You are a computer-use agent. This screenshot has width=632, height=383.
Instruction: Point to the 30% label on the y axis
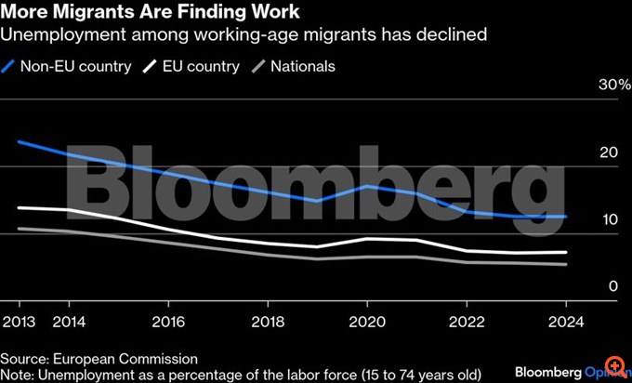[x=601, y=86]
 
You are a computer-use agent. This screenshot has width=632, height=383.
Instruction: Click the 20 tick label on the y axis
[x=610, y=152]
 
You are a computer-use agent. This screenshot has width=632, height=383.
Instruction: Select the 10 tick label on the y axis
[x=610, y=219]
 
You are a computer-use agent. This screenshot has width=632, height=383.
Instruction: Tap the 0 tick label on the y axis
[x=613, y=286]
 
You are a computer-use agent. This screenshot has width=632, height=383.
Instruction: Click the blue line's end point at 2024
[x=566, y=217]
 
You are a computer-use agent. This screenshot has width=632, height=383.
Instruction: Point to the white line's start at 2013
[x=19, y=207]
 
